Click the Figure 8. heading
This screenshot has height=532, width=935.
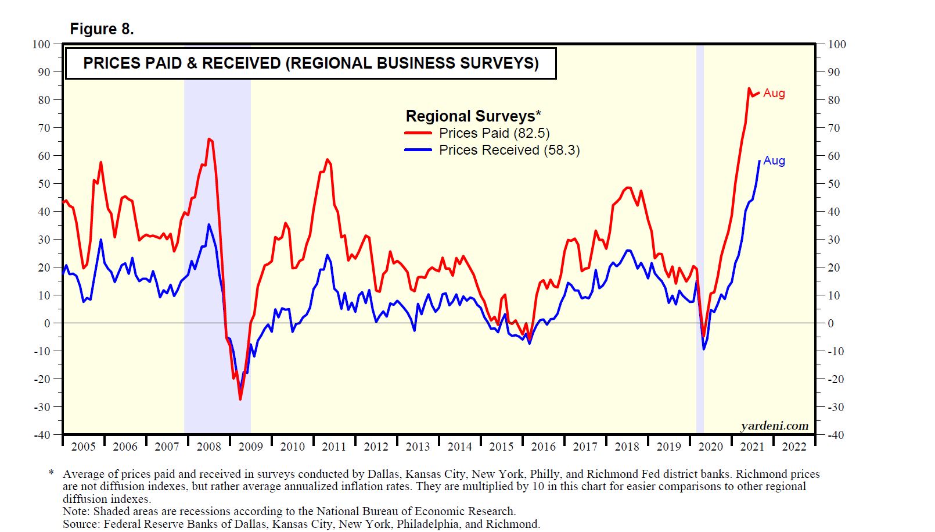click(x=102, y=29)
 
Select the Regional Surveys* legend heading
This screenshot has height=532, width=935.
click(x=473, y=116)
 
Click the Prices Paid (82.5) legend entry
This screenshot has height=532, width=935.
click(x=494, y=133)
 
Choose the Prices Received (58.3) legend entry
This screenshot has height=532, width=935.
click(x=509, y=150)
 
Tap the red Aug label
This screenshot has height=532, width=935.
click(x=774, y=93)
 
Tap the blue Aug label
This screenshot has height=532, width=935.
click(x=774, y=160)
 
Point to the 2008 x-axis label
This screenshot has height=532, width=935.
click(x=208, y=447)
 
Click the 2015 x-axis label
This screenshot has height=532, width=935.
click(x=501, y=447)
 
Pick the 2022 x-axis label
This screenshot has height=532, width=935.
click(x=794, y=447)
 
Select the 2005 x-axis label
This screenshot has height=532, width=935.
click(x=83, y=447)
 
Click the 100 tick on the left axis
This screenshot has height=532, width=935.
click(x=41, y=44)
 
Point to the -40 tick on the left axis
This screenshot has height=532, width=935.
click(x=41, y=435)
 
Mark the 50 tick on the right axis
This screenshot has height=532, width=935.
click(x=834, y=184)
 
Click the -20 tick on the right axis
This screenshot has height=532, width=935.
click(x=836, y=379)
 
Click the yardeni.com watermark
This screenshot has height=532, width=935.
click(x=774, y=426)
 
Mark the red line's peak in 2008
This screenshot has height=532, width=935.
click(x=208, y=139)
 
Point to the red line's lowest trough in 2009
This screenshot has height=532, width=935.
click(x=240, y=399)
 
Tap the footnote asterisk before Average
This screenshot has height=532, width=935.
click(x=51, y=474)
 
